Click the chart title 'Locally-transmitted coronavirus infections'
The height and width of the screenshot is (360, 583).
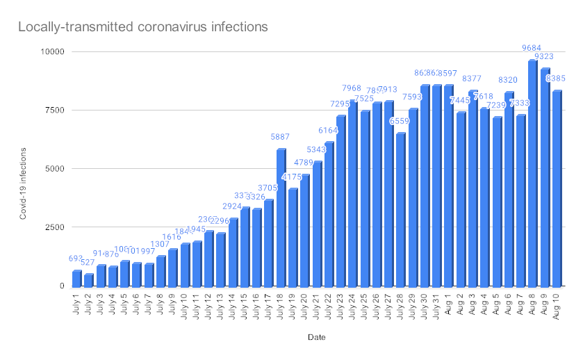pos(142,28)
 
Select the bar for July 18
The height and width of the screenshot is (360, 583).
pos(281,218)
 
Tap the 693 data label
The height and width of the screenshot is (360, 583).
pos(76,259)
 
